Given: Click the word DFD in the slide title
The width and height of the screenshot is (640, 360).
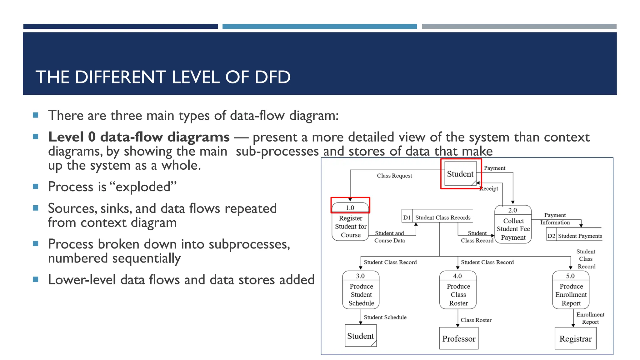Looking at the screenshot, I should click(x=272, y=77).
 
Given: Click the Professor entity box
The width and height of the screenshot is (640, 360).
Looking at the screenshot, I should click(x=458, y=338).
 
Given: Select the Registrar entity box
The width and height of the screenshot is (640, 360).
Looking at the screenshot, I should click(x=575, y=338).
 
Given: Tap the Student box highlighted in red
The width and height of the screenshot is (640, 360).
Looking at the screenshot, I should click(x=460, y=174).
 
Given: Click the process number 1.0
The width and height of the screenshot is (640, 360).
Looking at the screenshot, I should click(x=350, y=207).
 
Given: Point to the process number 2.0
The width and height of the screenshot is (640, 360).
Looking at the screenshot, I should click(x=512, y=210).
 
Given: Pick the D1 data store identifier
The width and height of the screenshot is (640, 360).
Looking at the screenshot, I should click(x=407, y=217).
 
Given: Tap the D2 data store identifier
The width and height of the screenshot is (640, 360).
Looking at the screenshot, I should click(x=551, y=236).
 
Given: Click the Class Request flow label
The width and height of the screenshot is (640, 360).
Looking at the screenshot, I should click(x=394, y=176).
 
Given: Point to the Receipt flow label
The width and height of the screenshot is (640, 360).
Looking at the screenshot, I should click(x=489, y=188).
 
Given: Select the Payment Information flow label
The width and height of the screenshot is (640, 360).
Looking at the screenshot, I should click(x=555, y=219).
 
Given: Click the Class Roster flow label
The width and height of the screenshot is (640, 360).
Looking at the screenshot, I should click(x=476, y=320).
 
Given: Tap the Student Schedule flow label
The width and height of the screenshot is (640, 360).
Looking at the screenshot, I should click(x=385, y=317).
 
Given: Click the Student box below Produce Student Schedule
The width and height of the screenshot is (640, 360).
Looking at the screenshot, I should click(x=361, y=336).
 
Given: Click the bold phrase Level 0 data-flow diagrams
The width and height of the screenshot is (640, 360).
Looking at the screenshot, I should click(x=139, y=137).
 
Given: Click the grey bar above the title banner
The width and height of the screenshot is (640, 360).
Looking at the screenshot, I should click(x=519, y=27).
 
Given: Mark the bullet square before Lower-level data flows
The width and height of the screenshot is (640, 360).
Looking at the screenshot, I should click(x=36, y=279).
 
